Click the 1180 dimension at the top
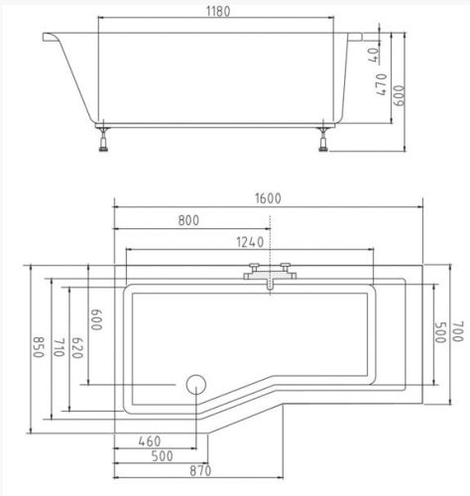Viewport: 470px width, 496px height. tap(218, 12)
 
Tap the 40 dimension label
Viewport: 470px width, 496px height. tap(374, 55)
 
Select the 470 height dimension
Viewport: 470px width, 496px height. tap(382, 84)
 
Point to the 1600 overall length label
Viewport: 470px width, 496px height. tap(268, 198)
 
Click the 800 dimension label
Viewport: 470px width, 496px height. tap(188, 220)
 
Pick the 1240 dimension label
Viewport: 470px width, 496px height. tap(250, 242)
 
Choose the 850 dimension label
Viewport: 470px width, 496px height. tap(39, 347)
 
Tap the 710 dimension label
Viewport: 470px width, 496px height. tap(59, 347)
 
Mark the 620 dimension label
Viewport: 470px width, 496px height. tap(77, 348)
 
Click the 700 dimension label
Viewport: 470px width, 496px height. tap(458, 331)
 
